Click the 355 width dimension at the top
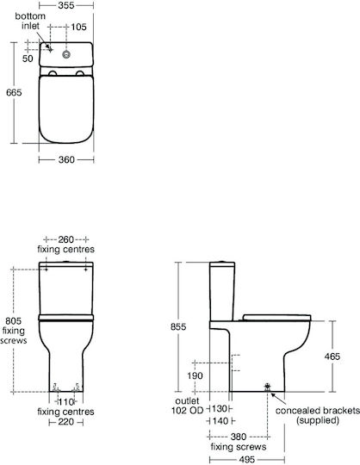(x=66, y=5)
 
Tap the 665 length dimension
(x=14, y=92)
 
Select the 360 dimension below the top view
(x=66, y=159)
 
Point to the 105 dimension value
(x=78, y=27)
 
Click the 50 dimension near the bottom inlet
(x=28, y=59)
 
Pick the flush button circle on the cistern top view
(x=66, y=54)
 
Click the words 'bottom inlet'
(x=30, y=21)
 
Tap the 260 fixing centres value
(x=65, y=239)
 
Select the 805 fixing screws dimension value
(x=14, y=321)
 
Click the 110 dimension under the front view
(x=65, y=402)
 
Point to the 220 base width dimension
(x=65, y=421)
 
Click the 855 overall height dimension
(x=178, y=326)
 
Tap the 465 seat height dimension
(x=332, y=356)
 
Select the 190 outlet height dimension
(x=195, y=375)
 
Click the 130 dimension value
(x=220, y=409)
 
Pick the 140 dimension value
(x=220, y=420)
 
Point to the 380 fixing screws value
(x=239, y=437)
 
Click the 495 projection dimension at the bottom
(x=246, y=460)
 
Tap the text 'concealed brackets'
(x=318, y=411)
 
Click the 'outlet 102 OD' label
(x=188, y=406)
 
